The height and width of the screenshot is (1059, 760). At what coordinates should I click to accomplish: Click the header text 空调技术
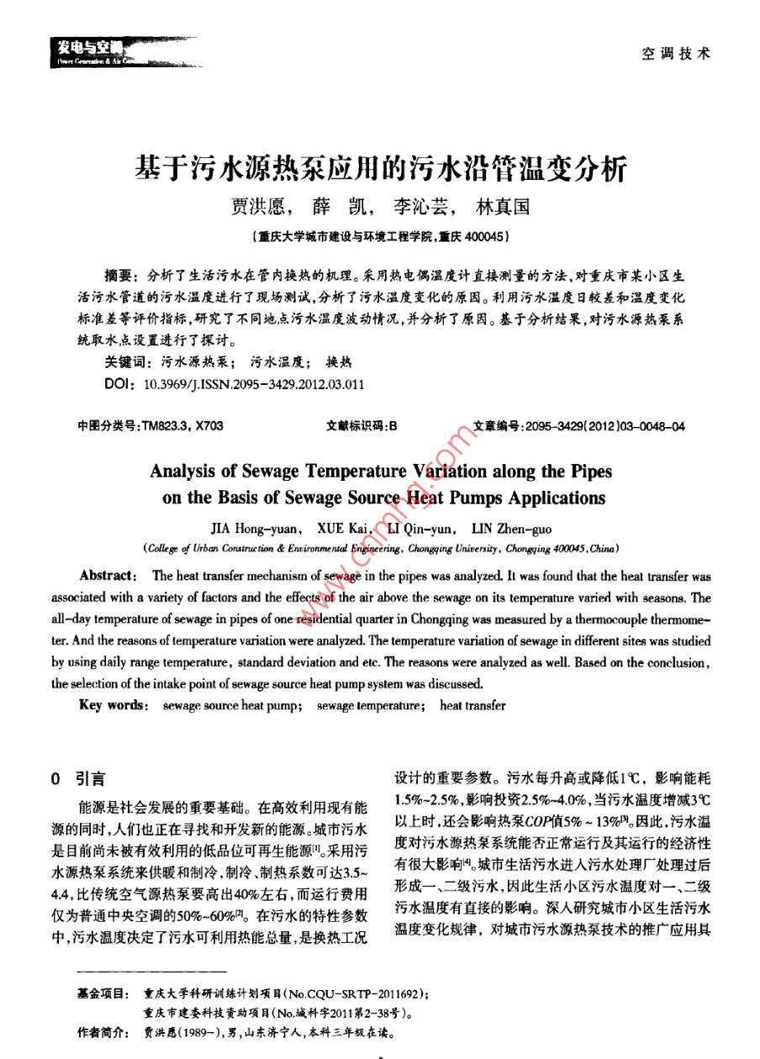pos(675,54)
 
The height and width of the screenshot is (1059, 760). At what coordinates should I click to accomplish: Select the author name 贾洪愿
pos(257,207)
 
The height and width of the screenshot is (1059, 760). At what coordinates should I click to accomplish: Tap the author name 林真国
pos(503,207)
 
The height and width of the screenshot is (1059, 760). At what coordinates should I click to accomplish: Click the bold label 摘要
pos(120,276)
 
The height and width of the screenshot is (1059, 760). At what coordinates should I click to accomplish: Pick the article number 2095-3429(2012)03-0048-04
pos(604,426)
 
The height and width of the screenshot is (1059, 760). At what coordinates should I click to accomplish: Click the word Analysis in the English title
pos(185,471)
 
